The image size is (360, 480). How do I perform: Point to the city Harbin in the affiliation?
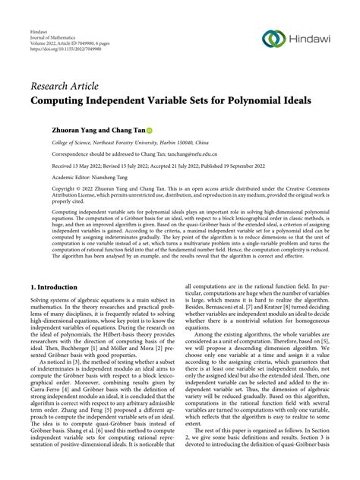click(167, 142)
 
